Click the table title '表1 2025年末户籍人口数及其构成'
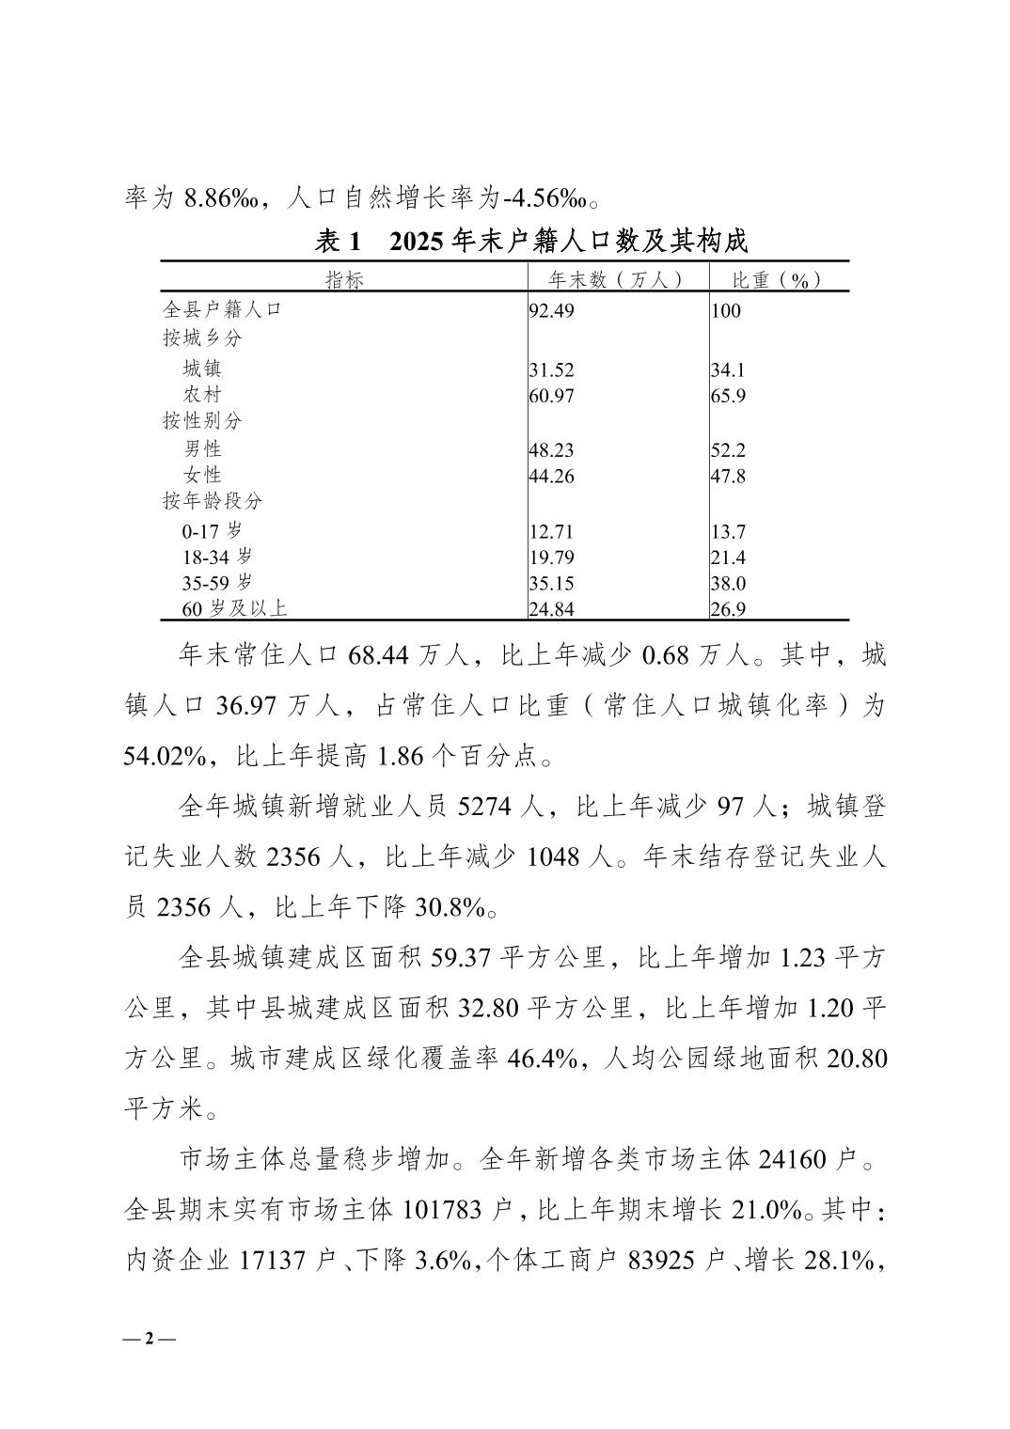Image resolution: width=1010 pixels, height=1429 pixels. tap(530, 242)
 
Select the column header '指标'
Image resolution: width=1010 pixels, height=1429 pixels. tap(343, 279)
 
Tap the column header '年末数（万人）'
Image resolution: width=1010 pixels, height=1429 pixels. tap(616, 279)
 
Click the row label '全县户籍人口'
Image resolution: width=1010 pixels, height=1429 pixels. tap(222, 309)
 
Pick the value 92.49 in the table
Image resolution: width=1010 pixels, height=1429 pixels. tap(551, 311)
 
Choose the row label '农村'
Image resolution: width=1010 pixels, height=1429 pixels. tap(202, 395)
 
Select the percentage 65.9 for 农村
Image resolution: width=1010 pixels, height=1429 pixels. tap(728, 396)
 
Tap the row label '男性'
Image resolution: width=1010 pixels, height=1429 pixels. tap(202, 449)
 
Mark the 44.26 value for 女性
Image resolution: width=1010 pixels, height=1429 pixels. tap(551, 477)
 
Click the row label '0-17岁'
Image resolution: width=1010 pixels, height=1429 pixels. tap(212, 531)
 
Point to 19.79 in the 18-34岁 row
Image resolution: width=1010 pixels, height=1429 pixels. tap(551, 557)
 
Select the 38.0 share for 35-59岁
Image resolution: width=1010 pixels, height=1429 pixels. tap(728, 583)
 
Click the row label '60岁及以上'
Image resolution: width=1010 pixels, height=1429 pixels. tap(234, 609)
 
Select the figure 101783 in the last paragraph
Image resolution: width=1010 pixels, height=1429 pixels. tap(443, 1210)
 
